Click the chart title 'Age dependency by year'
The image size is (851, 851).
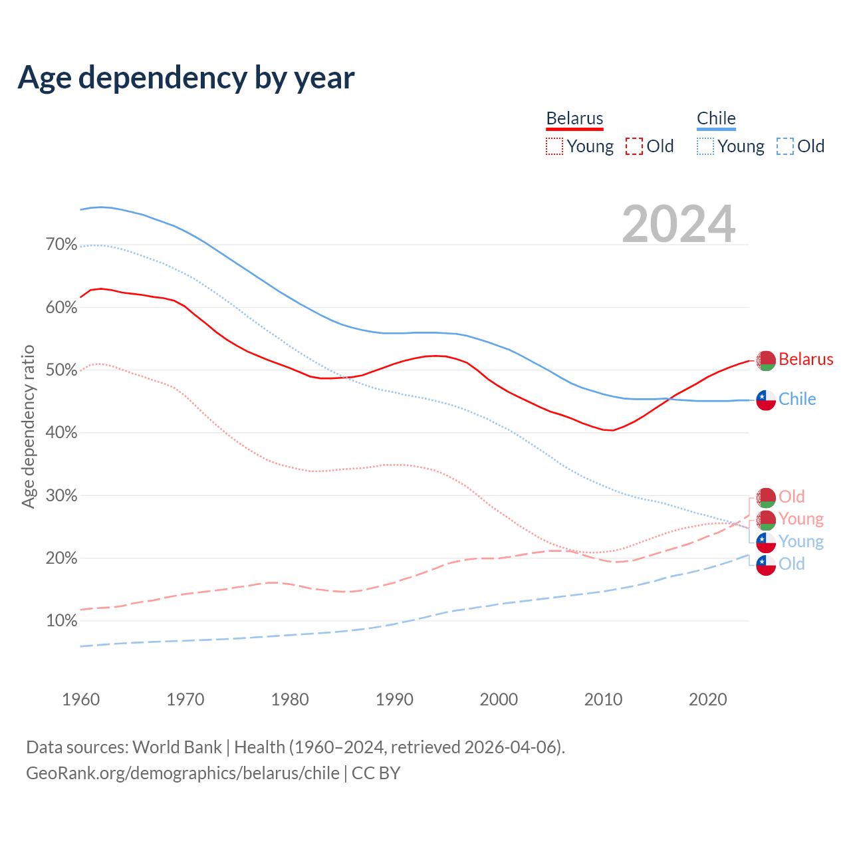coord(186,78)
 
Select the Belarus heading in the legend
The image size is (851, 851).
coord(574,119)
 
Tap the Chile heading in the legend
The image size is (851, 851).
coord(716,119)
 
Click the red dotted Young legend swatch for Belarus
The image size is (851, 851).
coord(554,146)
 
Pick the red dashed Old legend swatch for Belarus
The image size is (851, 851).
coord(634,146)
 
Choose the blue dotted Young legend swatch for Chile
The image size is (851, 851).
coord(705,146)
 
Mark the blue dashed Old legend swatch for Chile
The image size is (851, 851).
coord(785,146)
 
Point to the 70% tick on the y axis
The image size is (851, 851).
coord(61,245)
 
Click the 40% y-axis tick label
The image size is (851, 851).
coord(61,433)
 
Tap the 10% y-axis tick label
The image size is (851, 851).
coord(61,621)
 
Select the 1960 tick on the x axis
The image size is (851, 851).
coord(80,699)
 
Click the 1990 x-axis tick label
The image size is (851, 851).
coord(394,699)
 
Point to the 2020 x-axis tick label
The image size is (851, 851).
coord(707,699)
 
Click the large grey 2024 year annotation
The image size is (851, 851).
coord(679,224)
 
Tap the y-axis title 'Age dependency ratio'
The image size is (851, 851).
coord(28,426)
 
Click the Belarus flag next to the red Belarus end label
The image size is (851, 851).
coord(766,360)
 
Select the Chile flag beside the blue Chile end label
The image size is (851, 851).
coord(766,400)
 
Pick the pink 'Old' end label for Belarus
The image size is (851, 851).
coord(792,497)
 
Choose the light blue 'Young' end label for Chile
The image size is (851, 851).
coord(801,541)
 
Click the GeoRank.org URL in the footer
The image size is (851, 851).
coord(183,773)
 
